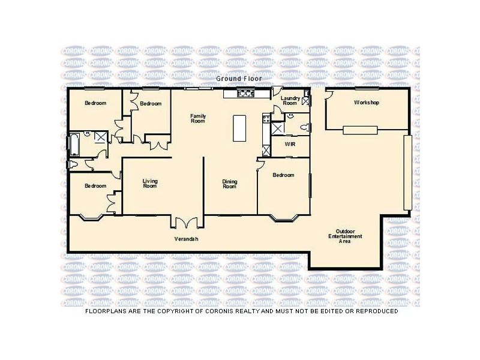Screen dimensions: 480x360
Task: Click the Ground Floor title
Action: coord(239,79)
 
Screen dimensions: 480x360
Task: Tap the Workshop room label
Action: coord(367,103)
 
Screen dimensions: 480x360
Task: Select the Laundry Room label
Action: coord(290,101)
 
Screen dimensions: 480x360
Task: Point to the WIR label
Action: coord(290,144)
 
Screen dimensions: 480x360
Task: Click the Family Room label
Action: coord(198,118)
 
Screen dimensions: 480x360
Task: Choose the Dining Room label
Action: coord(230,184)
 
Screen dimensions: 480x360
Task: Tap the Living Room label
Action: coord(150,184)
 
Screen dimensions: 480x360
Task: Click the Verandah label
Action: coord(186,239)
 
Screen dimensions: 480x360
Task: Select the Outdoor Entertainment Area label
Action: coord(345,236)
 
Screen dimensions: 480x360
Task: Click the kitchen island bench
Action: coord(239,128)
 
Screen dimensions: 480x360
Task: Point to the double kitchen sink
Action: coord(246,93)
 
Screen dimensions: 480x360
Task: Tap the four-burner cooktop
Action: coord(266,118)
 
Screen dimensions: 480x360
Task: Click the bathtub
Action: coord(74,144)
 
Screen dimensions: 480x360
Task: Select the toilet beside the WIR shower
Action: coord(305,127)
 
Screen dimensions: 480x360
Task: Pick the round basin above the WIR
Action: coord(290,116)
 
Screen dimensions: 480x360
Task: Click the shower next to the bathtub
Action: coord(101,137)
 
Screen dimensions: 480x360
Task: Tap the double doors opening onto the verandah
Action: coord(187,223)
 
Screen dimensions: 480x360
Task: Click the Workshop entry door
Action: coord(329,94)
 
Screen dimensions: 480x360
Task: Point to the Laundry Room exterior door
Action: coord(277,91)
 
